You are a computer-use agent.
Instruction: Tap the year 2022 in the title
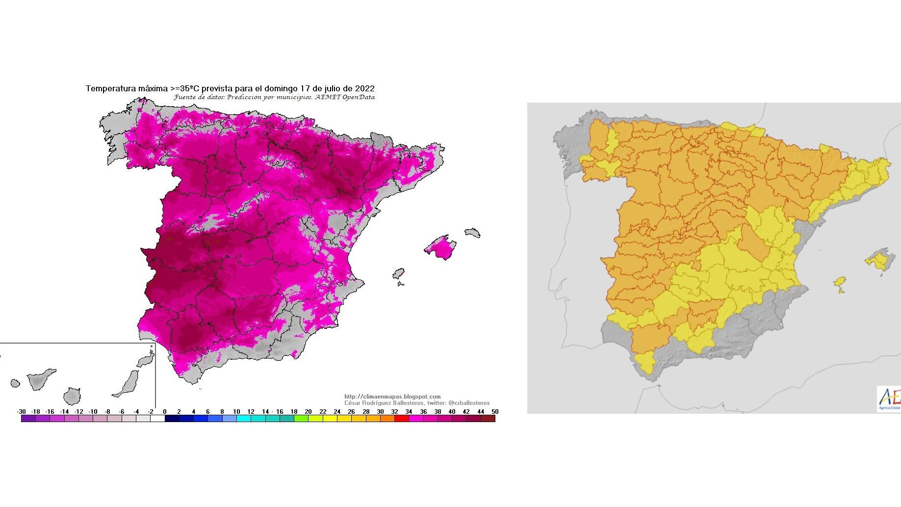click(x=364, y=89)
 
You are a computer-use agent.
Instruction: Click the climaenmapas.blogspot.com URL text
click(x=392, y=397)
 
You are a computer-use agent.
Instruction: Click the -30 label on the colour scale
click(x=21, y=412)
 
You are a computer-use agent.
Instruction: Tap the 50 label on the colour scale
click(x=495, y=412)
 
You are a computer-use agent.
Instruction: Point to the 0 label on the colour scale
click(x=165, y=412)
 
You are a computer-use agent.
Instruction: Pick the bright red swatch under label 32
click(x=401, y=419)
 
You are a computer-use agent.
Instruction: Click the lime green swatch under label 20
click(x=301, y=419)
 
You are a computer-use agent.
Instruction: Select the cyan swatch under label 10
click(x=243, y=419)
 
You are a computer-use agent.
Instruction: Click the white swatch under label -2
click(x=157, y=419)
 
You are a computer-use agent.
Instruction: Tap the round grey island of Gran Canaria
click(x=72, y=396)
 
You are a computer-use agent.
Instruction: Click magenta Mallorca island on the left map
click(x=440, y=247)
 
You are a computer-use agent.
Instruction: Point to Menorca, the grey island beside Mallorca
click(x=472, y=233)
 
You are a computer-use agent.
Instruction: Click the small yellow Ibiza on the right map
click(x=840, y=283)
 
